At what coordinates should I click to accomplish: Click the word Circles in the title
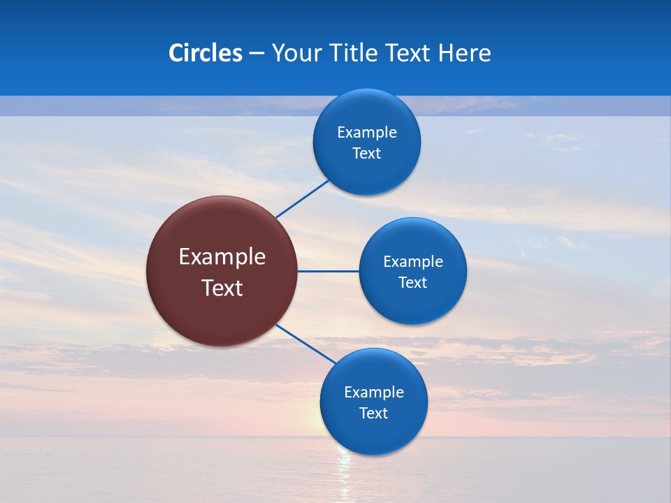(205, 53)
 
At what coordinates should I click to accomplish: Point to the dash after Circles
(257, 54)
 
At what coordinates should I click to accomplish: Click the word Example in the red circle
(222, 257)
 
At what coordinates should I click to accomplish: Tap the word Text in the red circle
(222, 288)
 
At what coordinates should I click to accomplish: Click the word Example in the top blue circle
(367, 133)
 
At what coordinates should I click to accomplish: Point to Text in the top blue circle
(367, 154)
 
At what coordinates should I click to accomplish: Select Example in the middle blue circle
(413, 262)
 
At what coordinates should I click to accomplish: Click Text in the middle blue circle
(413, 283)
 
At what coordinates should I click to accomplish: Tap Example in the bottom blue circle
(374, 393)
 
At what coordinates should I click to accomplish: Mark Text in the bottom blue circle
(374, 414)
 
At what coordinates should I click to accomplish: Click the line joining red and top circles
(302, 199)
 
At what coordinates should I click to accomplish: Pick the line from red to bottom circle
(305, 343)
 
